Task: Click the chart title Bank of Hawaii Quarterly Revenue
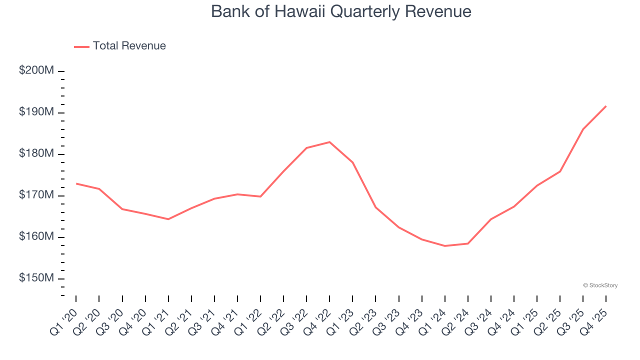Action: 341,11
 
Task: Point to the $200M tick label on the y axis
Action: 36,70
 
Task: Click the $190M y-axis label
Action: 36,112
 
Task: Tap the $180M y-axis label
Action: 36,153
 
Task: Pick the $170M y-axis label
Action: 36,195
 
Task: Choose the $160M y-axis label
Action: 36,236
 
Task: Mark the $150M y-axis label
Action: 36,278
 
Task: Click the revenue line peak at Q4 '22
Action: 329,142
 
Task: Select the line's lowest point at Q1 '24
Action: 445,246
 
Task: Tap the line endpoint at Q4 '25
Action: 606,106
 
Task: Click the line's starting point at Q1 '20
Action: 76,183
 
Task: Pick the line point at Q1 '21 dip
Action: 168,219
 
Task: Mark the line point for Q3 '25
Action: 583,129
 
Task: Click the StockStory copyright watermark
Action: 600,285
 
